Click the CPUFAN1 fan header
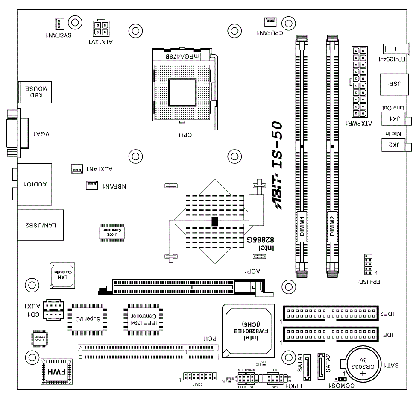(270, 21)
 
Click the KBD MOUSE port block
(35, 92)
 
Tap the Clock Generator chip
(111, 233)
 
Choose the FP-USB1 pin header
(367, 265)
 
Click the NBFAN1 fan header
(91, 185)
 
